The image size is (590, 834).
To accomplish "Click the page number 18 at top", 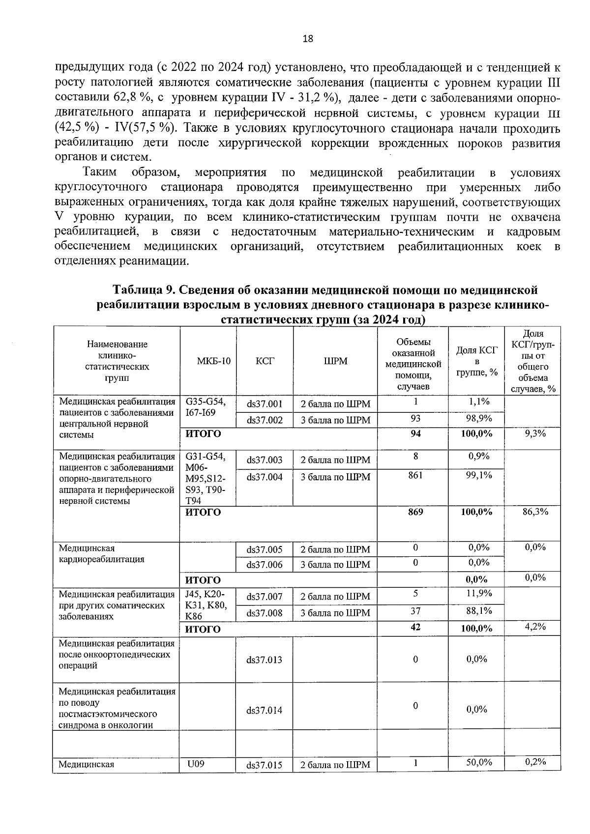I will [308, 39].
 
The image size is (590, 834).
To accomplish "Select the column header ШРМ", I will [335, 361].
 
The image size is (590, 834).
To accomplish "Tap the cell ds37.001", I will [265, 404].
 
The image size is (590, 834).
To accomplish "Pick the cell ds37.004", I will [265, 477].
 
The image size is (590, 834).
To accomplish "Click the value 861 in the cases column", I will [415, 475].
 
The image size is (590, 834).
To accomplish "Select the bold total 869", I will [415, 512].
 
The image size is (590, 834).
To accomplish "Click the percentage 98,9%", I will [479, 418].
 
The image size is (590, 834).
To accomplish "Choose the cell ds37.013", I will [265, 660].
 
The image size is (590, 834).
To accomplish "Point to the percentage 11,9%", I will [479, 593].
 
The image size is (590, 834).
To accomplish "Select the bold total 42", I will [415, 628].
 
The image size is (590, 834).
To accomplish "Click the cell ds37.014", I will [265, 710].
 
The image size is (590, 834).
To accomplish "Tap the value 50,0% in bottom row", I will [479, 762].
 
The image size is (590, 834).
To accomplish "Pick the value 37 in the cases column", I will [415, 611].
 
